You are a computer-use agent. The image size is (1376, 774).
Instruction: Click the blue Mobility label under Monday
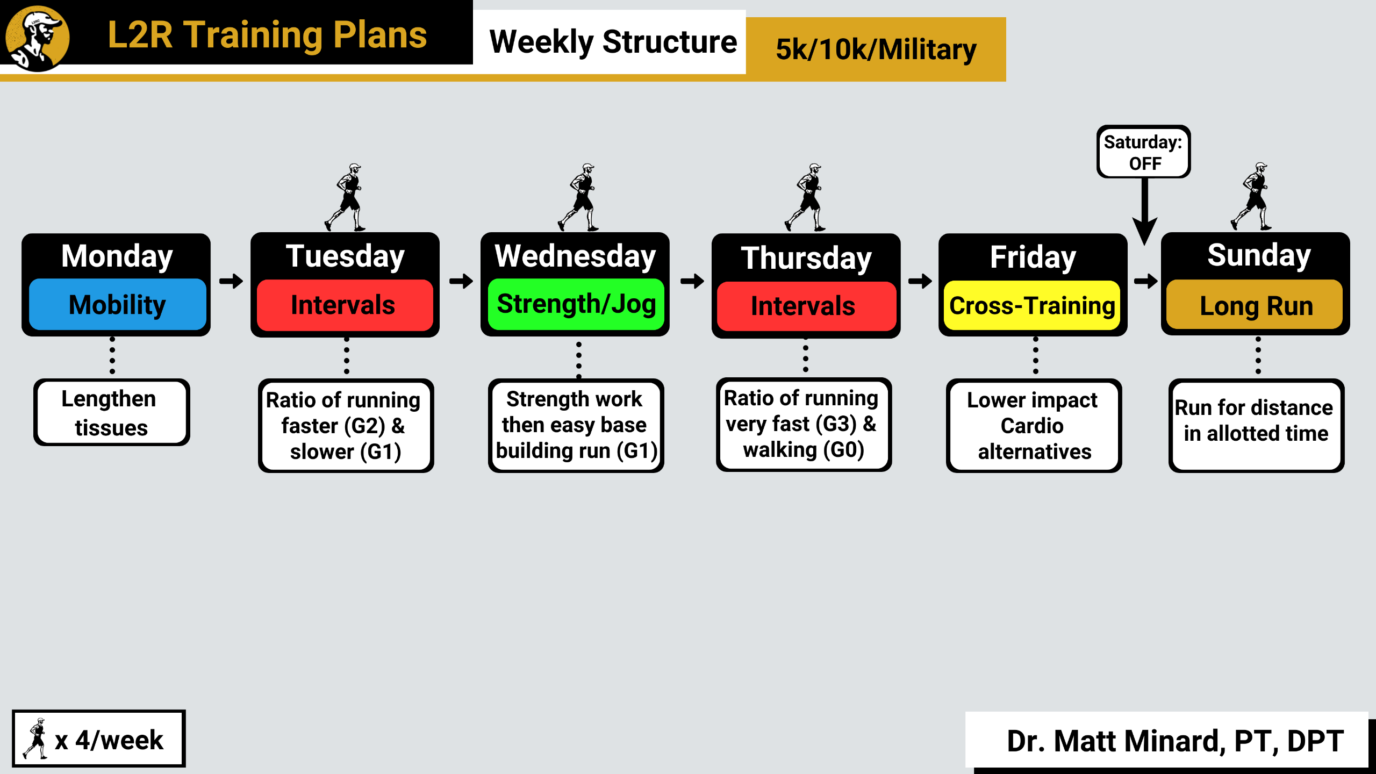pyautogui.click(x=117, y=304)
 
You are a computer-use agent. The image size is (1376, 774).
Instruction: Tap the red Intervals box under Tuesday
pyautogui.click(x=345, y=305)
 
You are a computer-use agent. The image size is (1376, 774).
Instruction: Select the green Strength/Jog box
pyautogui.click(x=576, y=304)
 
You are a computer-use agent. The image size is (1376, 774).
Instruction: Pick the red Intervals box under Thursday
pyautogui.click(x=806, y=306)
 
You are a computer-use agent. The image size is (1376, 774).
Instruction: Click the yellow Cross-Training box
pyautogui.click(x=1032, y=305)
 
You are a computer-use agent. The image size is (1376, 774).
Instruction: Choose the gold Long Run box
pyautogui.click(x=1256, y=305)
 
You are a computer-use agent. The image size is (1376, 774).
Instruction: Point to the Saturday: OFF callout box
pyautogui.click(x=1143, y=152)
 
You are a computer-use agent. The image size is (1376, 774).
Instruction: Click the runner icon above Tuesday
pyautogui.click(x=347, y=197)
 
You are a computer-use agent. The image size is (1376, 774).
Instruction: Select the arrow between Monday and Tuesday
pyautogui.click(x=231, y=281)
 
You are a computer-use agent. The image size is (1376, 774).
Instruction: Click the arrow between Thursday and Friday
pyautogui.click(x=920, y=281)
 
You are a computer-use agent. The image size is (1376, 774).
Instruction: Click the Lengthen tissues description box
pyautogui.click(x=112, y=413)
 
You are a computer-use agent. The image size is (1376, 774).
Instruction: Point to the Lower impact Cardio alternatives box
pyautogui.click(x=1034, y=426)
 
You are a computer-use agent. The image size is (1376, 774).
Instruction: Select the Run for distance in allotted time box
pyautogui.click(x=1256, y=426)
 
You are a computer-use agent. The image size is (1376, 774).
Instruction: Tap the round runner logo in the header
pyautogui.click(x=37, y=38)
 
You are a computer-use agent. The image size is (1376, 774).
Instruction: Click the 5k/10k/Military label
pyautogui.click(x=876, y=49)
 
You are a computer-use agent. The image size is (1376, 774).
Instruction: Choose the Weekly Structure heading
pyautogui.click(x=613, y=42)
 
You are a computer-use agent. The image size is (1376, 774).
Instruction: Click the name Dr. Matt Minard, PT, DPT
pyautogui.click(x=1174, y=741)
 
